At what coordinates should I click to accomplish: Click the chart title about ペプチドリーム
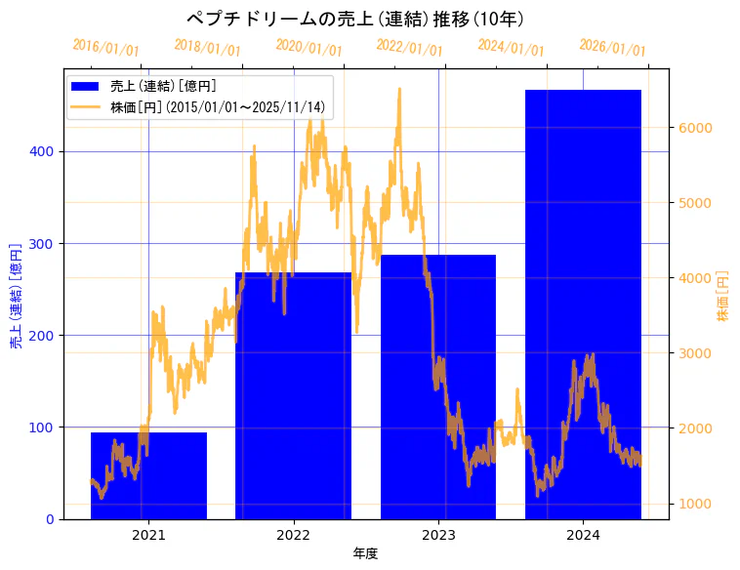[x=355, y=20]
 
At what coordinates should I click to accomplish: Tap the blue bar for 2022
[x=293, y=390]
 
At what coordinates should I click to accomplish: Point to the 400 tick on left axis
[x=46, y=151]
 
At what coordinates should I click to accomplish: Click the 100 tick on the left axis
[x=46, y=427]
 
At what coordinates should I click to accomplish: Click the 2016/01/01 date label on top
[x=105, y=48]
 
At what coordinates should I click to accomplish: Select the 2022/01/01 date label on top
[x=409, y=48]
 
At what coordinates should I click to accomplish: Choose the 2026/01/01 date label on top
[x=612, y=48]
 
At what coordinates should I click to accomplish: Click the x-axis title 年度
[x=365, y=553]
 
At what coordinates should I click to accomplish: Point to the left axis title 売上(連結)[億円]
[x=17, y=294]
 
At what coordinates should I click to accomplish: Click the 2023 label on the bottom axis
[x=438, y=534]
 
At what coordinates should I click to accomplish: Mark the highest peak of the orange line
[x=399, y=89]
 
